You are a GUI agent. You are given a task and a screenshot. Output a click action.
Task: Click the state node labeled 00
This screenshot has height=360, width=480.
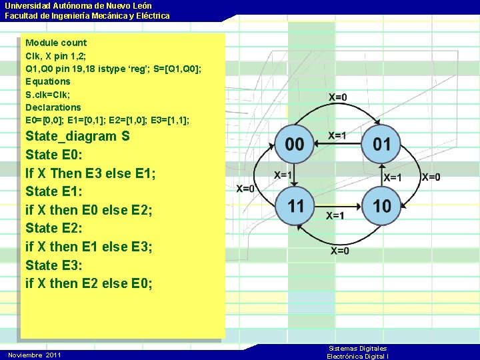[x=295, y=144]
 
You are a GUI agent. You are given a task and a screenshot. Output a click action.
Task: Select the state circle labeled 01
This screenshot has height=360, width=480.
[x=381, y=144]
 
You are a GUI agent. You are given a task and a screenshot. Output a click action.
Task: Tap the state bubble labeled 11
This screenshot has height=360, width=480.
[x=295, y=205]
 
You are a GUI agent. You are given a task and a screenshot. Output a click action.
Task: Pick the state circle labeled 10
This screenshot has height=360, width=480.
[x=382, y=205]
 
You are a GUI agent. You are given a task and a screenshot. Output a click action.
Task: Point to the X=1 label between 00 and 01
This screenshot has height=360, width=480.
[x=337, y=136]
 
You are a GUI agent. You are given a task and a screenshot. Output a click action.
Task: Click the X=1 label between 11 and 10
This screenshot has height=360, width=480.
[x=335, y=216]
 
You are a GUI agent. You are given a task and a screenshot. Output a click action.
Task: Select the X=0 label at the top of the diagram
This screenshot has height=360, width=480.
[x=338, y=97]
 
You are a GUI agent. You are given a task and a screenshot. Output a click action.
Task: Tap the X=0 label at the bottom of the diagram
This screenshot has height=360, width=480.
[x=339, y=251]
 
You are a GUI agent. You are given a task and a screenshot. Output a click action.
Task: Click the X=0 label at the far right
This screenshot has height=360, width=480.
[x=431, y=177]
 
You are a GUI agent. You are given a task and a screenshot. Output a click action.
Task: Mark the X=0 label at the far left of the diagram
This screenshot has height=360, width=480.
[x=245, y=189]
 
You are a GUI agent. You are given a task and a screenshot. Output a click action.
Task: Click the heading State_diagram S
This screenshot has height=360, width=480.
[x=77, y=137]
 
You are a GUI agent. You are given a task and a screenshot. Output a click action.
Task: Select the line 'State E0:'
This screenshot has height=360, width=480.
[x=54, y=155]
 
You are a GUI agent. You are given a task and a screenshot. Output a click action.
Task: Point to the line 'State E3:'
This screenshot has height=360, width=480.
[x=54, y=265]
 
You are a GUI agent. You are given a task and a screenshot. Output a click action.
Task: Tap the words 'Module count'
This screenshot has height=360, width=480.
[x=56, y=43]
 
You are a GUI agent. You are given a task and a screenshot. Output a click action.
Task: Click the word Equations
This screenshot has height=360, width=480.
[x=47, y=81]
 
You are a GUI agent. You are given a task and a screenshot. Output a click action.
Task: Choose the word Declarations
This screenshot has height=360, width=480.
[x=53, y=107]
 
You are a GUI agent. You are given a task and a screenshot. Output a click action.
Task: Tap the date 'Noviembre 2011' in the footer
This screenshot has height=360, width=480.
[x=34, y=355]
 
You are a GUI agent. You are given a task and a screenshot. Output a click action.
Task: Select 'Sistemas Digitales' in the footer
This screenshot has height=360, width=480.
[x=357, y=349]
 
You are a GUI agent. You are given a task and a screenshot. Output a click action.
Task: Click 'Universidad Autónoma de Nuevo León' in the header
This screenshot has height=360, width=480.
[x=78, y=5]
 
